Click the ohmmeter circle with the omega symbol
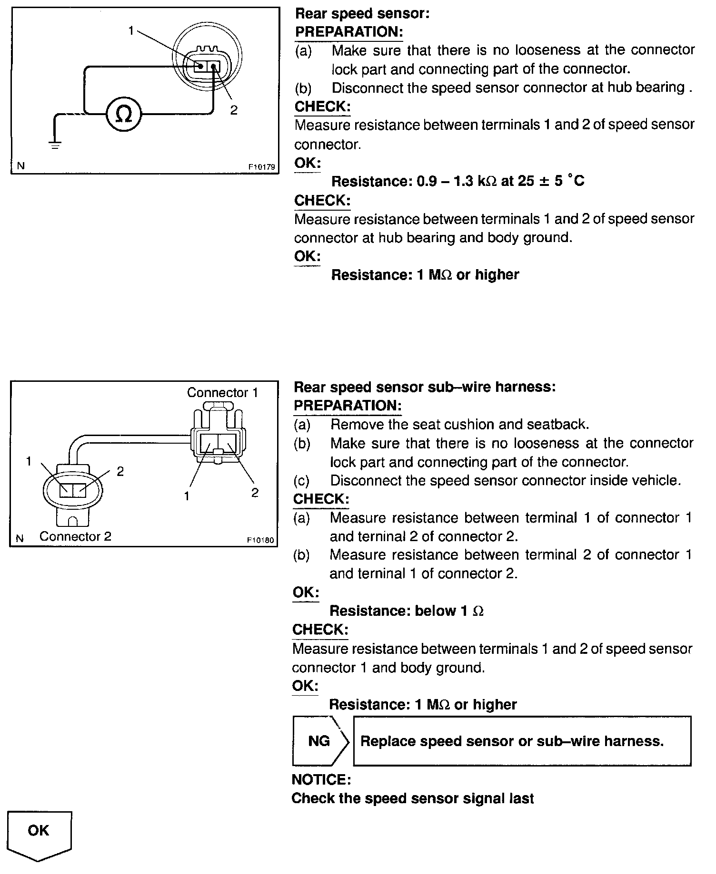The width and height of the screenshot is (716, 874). tap(123, 114)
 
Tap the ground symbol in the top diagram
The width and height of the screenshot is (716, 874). tap(55, 146)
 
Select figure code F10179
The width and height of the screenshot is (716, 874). tap(261, 167)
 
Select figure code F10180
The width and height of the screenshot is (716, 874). tap(261, 540)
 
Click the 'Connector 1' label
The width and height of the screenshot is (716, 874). tap(222, 392)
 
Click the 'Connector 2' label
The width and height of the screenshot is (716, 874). tap(75, 536)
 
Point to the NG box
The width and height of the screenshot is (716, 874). tap(321, 741)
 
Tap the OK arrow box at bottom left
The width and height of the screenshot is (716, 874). tap(39, 836)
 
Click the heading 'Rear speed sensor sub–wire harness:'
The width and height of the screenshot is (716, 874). tap(425, 387)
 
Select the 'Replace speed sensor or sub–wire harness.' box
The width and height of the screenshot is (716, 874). tap(522, 741)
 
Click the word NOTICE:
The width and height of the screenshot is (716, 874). tap(321, 780)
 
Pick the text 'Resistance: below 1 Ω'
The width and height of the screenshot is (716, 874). tap(407, 611)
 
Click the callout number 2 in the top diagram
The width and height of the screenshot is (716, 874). tap(233, 110)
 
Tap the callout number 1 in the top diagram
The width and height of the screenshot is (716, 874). tap(131, 31)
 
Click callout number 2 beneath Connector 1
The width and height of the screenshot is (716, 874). tap(255, 493)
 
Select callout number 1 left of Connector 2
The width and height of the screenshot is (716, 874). tap(29, 461)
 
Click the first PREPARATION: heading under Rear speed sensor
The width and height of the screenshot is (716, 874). tap(349, 32)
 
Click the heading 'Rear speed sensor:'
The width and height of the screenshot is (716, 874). tap(362, 14)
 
